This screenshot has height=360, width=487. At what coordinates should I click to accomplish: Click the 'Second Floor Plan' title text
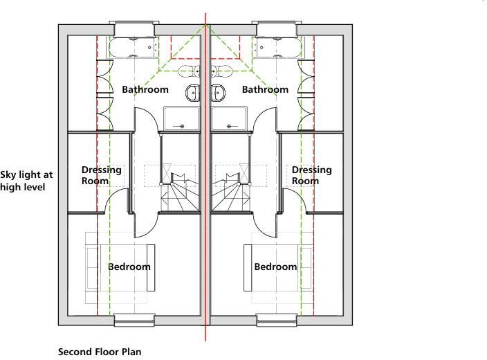[100, 352]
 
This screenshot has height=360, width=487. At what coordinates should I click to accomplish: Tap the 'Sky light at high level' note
[26, 181]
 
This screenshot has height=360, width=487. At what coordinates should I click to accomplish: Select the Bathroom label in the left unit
[145, 90]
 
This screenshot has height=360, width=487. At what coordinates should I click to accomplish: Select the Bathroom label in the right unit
[265, 90]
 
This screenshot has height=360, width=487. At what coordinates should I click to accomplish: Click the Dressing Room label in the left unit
[101, 175]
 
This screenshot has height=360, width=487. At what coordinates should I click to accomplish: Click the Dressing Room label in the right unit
[311, 175]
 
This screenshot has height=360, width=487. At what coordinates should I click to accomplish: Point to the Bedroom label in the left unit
[129, 267]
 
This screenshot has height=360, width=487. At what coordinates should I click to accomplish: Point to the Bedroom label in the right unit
[275, 267]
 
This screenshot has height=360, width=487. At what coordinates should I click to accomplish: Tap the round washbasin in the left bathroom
[193, 92]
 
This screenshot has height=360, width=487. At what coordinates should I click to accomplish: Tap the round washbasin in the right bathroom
[219, 92]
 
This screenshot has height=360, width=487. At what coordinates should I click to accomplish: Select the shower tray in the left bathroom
[181, 118]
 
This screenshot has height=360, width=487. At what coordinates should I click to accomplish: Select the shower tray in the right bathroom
[230, 118]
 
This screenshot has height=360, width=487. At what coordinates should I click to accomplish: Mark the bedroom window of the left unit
[134, 319]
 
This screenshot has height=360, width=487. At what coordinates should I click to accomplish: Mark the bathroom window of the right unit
[277, 29]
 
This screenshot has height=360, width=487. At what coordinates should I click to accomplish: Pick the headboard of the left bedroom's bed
[151, 267]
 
